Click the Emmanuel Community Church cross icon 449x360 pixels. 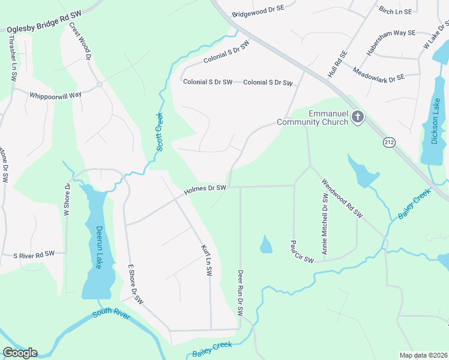tap(358, 116)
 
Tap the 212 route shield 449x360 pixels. tap(389, 142)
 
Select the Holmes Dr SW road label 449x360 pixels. tap(205, 188)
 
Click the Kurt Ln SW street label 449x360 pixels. tap(206, 260)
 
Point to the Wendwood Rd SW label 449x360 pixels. tap(342, 198)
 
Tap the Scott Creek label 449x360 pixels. tap(160, 131)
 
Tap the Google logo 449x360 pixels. tap(20, 352)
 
